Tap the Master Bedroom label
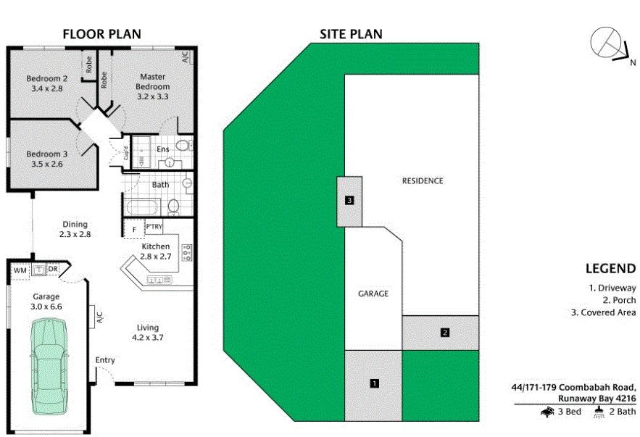click(152, 86)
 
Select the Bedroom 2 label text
click(47, 83)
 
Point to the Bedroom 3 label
click(47, 159)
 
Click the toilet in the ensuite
click(182, 147)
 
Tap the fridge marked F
click(133, 230)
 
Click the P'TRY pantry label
click(154, 228)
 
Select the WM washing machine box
click(20, 270)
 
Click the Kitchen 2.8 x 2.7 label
click(156, 251)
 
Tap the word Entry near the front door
click(105, 360)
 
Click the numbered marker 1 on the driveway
click(374, 383)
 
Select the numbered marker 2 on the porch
click(445, 333)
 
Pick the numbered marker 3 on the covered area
click(350, 201)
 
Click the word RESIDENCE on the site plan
click(422, 181)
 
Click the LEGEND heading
click(612, 268)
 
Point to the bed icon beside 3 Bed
click(547, 412)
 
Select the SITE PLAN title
click(352, 34)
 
